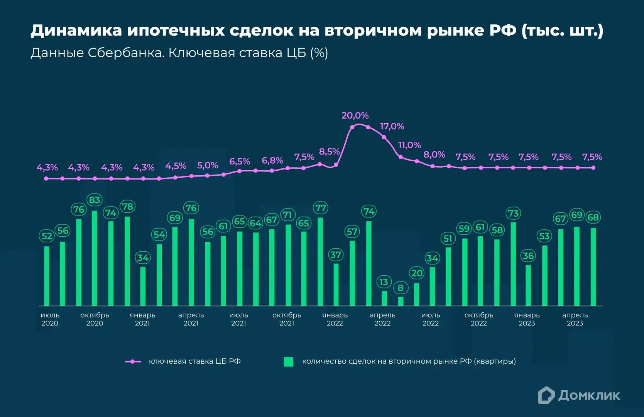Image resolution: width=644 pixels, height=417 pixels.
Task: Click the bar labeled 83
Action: [x=95, y=258]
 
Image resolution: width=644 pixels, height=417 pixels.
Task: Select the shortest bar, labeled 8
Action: [x=401, y=301]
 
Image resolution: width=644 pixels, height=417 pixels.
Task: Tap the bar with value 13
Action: [x=384, y=298]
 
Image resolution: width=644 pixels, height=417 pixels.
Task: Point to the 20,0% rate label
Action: [x=355, y=115]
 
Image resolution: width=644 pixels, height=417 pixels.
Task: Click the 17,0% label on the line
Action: [x=392, y=126]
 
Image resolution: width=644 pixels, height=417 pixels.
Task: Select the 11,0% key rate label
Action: [x=409, y=145]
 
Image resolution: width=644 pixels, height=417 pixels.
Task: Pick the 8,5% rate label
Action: [x=329, y=152]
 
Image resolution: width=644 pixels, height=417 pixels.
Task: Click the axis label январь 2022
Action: [x=335, y=319]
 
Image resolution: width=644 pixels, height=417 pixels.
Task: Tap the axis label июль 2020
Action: [x=50, y=319]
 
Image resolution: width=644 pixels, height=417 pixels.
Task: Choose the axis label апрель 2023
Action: [x=575, y=319]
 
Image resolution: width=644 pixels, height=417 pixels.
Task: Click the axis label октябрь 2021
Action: [x=287, y=319]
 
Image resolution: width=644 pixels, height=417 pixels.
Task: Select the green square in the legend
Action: [x=289, y=362]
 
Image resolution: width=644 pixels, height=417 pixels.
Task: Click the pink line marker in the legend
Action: [x=133, y=362]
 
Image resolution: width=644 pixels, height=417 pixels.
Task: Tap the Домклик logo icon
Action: [x=546, y=395]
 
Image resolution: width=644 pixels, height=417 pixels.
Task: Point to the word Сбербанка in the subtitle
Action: [x=125, y=53]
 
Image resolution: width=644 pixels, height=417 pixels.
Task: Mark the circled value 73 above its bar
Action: [x=513, y=214]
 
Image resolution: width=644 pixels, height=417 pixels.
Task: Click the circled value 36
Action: [x=528, y=256]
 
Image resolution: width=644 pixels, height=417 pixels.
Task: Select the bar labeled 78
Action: [x=127, y=261]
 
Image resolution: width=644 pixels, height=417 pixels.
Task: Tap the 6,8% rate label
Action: [x=272, y=160]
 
